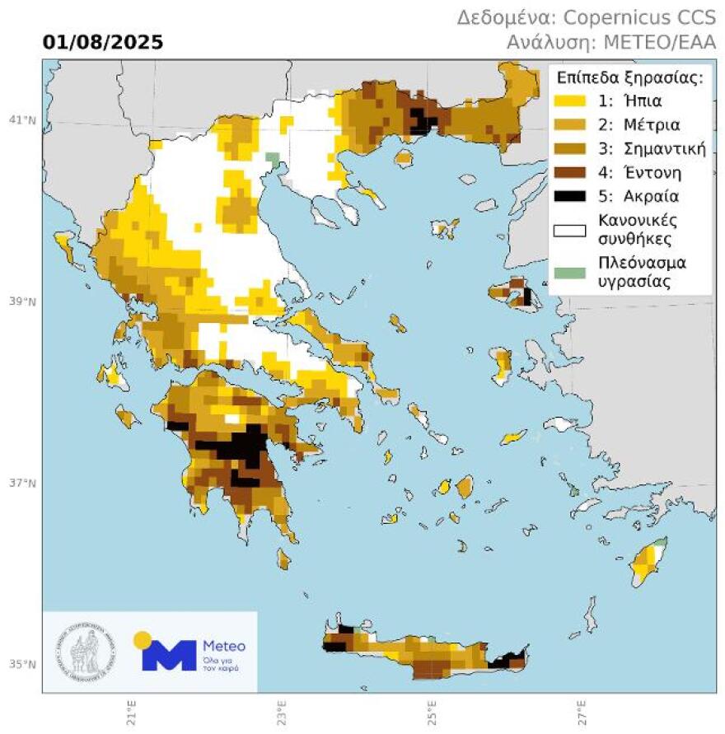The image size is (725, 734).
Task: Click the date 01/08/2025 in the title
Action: (103, 42)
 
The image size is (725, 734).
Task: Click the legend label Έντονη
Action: (648, 173)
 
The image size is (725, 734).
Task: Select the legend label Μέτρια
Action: (646, 125)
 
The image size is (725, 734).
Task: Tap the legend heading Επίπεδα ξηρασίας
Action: (629, 78)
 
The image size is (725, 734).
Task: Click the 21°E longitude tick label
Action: (131, 708)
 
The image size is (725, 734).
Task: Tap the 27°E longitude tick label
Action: (581, 708)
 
